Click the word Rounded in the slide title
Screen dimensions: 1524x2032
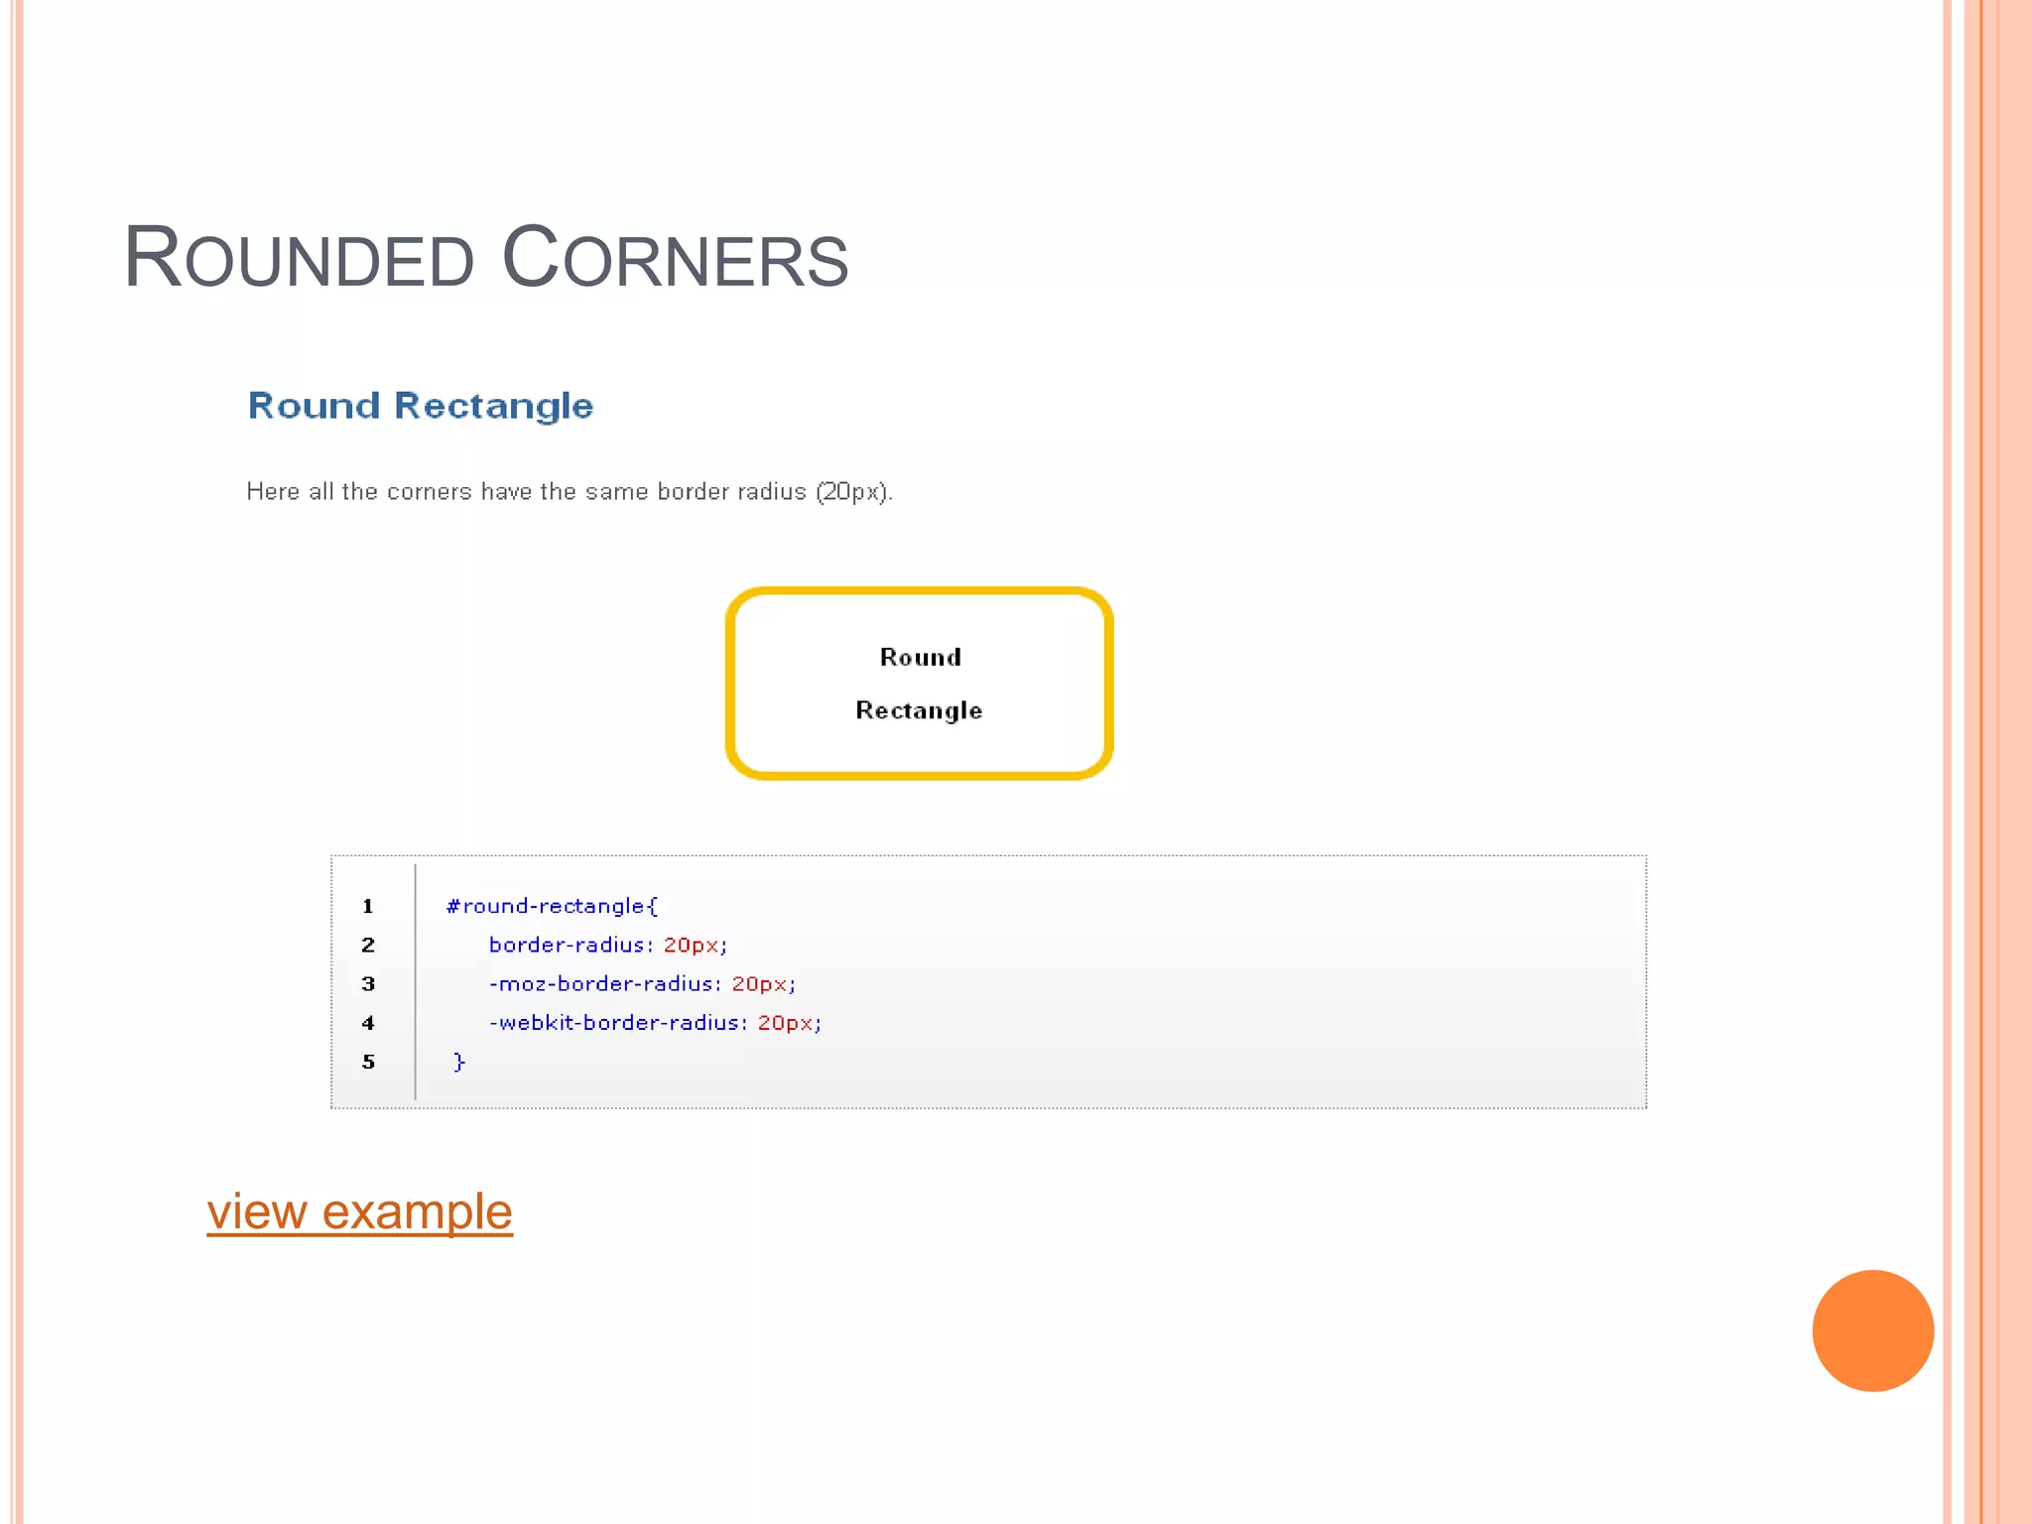(299, 259)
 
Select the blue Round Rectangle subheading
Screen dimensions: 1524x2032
(420, 406)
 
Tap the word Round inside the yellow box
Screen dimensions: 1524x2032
(920, 658)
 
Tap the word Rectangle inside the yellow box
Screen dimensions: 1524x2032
(919, 710)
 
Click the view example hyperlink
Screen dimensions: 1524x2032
(359, 1211)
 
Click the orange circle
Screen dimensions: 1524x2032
(1872, 1331)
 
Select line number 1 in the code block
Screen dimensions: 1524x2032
(368, 906)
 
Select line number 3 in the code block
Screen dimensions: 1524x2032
(368, 984)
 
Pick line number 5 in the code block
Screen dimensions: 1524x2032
(368, 1062)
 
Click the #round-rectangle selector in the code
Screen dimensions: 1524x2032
(551, 906)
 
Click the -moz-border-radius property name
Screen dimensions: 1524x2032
(601, 984)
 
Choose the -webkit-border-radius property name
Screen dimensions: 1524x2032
(615, 1023)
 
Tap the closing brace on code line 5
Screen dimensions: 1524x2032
(458, 1062)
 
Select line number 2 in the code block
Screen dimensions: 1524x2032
(368, 945)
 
